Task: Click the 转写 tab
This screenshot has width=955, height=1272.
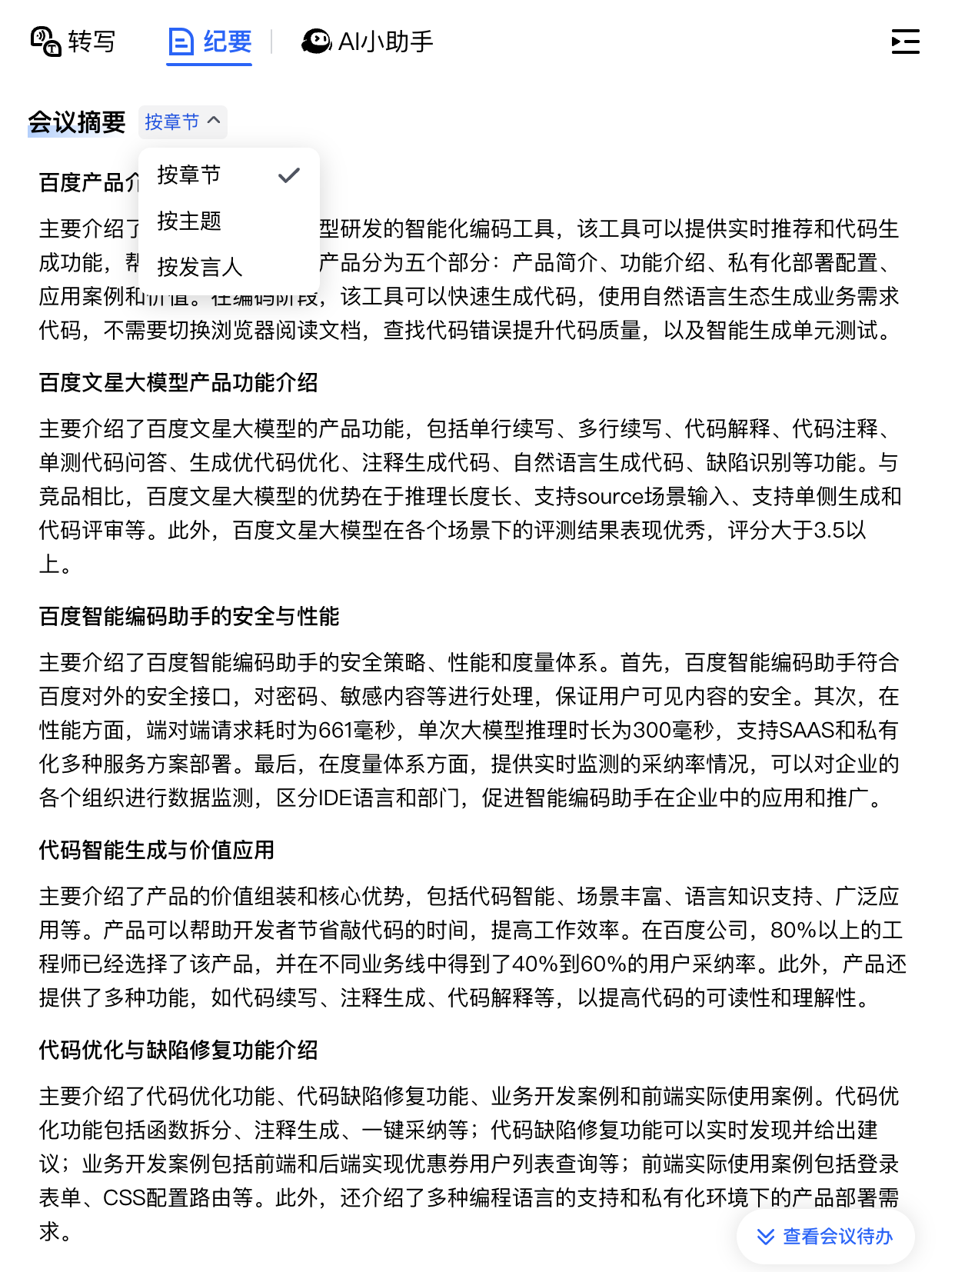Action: [x=73, y=42]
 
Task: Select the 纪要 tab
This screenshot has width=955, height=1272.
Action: [x=210, y=42]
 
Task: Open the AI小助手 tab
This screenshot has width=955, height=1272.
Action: [x=368, y=42]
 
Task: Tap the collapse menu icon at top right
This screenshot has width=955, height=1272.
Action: [x=905, y=42]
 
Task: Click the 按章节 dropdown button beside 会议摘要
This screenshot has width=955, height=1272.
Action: [x=183, y=122]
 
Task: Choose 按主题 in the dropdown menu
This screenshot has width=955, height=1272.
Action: [x=189, y=221]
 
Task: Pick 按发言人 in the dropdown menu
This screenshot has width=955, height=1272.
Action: [x=200, y=267]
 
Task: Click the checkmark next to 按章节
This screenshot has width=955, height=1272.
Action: [x=289, y=175]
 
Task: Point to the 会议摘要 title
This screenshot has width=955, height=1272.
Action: [x=77, y=122]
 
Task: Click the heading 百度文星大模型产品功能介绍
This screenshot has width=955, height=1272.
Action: [x=178, y=382]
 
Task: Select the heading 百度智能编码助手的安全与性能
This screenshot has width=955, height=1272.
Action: [x=189, y=616]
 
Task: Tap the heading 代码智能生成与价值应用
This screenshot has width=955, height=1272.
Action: [x=157, y=850]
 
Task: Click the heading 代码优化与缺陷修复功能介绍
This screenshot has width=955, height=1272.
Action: [x=178, y=1050]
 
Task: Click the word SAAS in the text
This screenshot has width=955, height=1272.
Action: [x=807, y=730]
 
